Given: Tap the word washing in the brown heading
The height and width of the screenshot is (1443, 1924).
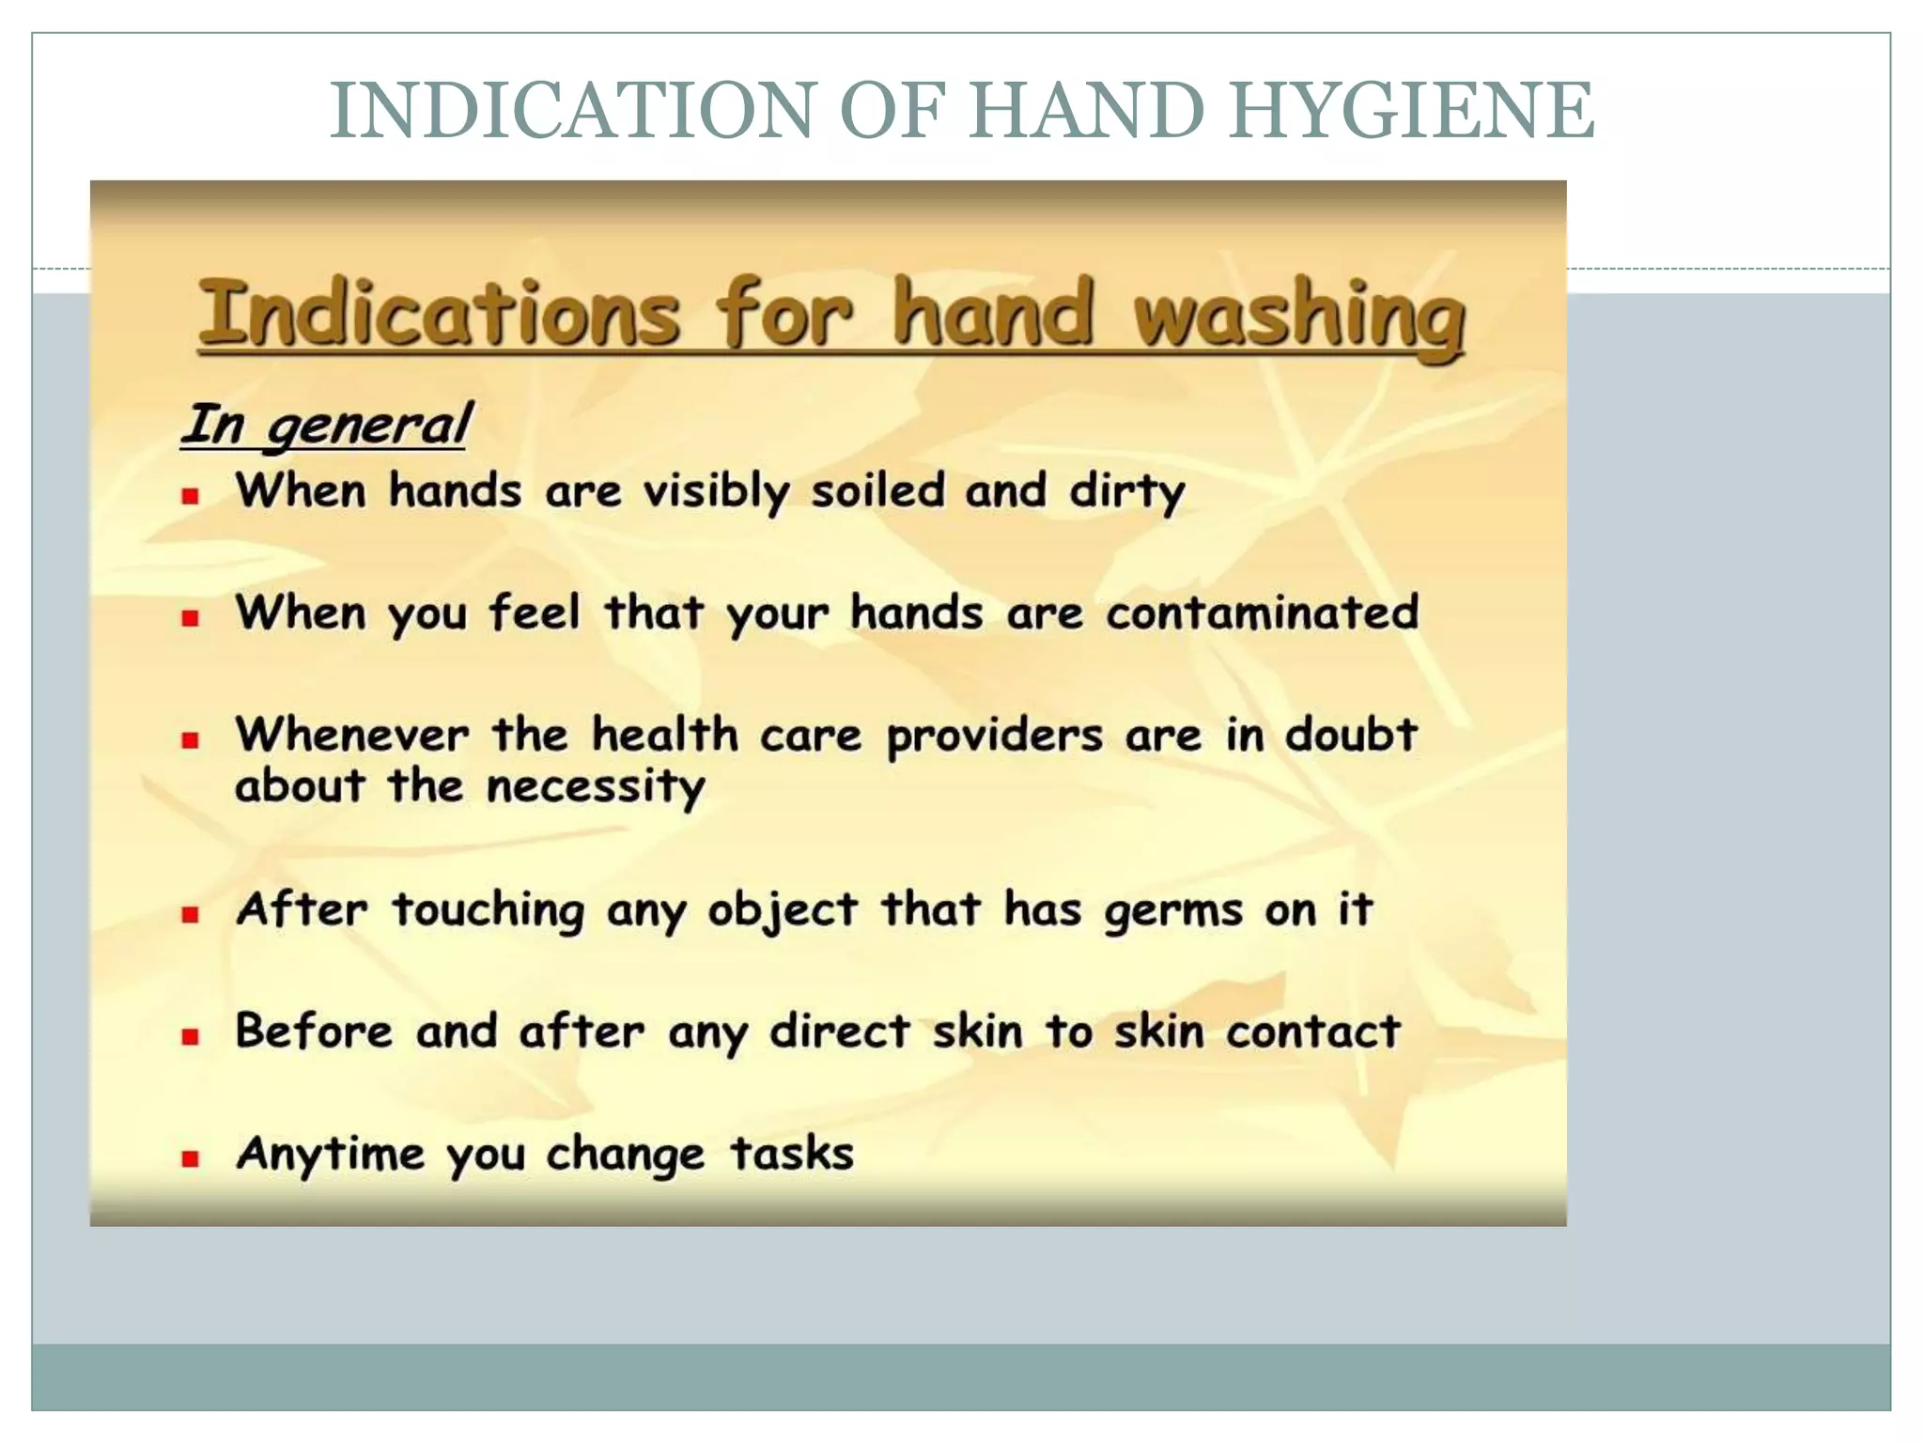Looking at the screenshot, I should (1298, 314).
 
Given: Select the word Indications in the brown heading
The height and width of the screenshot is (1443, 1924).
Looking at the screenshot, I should (439, 314).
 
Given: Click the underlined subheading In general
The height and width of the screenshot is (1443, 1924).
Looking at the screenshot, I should (325, 425).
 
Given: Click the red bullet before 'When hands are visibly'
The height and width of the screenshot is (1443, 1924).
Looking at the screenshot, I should (191, 496).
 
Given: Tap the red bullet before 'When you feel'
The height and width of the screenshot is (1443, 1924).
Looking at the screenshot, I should (191, 618).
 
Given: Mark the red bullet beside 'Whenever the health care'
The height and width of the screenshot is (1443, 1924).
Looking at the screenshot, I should (191, 740).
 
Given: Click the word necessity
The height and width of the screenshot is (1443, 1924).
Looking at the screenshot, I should (596, 786).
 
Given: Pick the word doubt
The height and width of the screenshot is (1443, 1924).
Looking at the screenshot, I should (1350, 735).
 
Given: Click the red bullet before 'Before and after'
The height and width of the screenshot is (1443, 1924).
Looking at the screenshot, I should (191, 1037).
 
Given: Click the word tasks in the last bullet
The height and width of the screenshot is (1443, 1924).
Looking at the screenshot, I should (792, 1154).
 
